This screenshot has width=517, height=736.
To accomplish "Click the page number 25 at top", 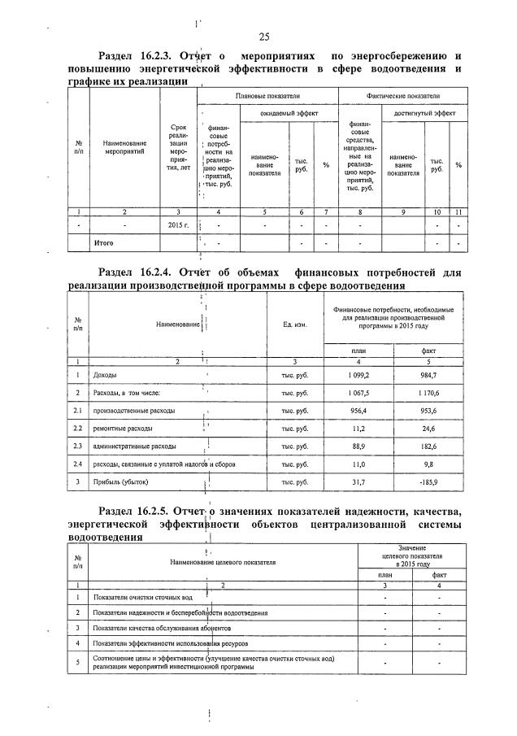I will (x=263, y=36).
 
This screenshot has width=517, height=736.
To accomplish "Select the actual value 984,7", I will (x=428, y=375).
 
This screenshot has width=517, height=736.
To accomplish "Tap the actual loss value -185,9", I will (x=427, y=483).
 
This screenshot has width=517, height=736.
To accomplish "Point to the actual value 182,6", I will (x=428, y=446).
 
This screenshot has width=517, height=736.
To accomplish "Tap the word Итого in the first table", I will (x=104, y=243).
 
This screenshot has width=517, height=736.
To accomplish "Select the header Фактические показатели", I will (x=403, y=95).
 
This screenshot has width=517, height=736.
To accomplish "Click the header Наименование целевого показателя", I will (x=223, y=561).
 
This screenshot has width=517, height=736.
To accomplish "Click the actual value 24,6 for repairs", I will (x=428, y=429).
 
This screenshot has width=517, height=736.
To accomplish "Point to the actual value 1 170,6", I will (x=428, y=393).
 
